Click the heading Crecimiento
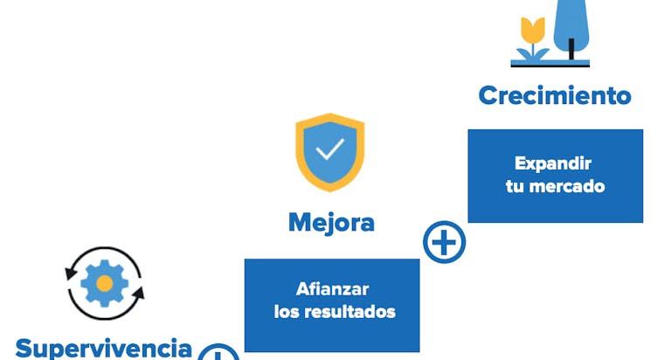pyautogui.click(x=555, y=94)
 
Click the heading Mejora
pyautogui.click(x=331, y=222)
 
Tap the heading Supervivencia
pyautogui.click(x=104, y=348)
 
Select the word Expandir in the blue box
pyautogui.click(x=553, y=163)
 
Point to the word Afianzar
pyautogui.click(x=331, y=289)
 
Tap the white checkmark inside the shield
pyautogui.click(x=330, y=150)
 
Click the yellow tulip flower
pyautogui.click(x=532, y=30)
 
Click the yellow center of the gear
pyautogui.click(x=104, y=283)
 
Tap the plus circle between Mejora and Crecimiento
pyautogui.click(x=444, y=242)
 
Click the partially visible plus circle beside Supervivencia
pyautogui.click(x=218, y=353)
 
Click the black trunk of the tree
pyautogui.click(x=571, y=50)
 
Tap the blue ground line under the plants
pyautogui.click(x=550, y=64)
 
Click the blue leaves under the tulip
pyautogui.click(x=532, y=52)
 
